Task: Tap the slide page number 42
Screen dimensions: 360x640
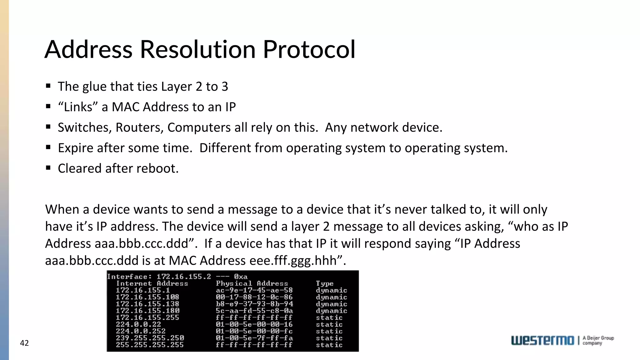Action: click(24, 343)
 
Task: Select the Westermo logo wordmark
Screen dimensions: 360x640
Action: click(542, 340)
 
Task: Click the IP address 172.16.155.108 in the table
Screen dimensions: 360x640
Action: click(147, 297)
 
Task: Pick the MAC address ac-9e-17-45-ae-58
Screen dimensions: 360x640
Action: click(254, 290)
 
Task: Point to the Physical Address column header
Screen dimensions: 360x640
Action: click(252, 283)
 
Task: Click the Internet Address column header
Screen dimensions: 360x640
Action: click(152, 283)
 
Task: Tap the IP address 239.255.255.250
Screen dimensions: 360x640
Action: click(150, 338)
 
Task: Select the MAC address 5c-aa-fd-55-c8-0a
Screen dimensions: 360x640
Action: click(254, 311)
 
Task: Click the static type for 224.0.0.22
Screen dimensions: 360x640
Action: click(329, 325)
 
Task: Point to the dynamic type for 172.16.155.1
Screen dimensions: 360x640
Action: click(331, 290)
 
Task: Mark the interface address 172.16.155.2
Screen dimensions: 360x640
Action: click(183, 277)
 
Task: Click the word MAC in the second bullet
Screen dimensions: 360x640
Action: click(125, 107)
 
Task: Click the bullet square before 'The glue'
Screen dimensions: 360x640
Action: click(48, 86)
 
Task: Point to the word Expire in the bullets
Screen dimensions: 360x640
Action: click(75, 148)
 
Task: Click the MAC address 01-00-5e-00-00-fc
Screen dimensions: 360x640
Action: click(254, 331)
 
